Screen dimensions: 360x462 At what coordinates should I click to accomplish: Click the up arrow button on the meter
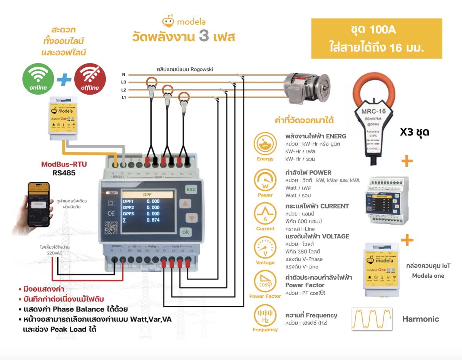[186, 204]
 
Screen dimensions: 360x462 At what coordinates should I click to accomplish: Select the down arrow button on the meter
[186, 218]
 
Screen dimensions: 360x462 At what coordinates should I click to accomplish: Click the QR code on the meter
[111, 228]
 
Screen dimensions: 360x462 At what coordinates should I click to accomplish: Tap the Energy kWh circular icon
[265, 143]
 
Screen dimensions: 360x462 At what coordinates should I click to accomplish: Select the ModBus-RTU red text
[64, 165]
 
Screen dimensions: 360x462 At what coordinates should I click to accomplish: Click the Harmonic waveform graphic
[372, 318]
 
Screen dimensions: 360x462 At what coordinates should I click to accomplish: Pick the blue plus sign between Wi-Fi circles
[64, 80]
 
